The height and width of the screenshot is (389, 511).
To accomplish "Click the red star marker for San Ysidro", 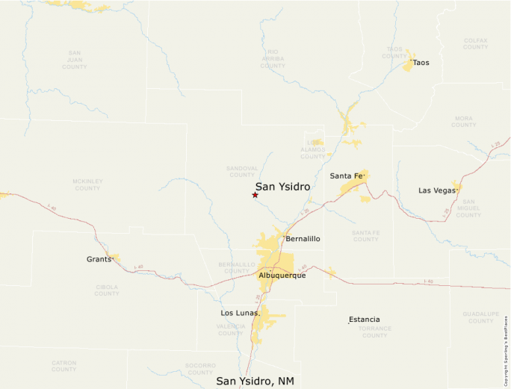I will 255,195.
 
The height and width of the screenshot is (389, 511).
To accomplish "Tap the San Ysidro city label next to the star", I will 282,187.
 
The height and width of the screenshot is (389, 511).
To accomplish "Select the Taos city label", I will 421,63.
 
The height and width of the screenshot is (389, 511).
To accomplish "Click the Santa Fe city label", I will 346,176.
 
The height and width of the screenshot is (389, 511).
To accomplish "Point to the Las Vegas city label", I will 436,190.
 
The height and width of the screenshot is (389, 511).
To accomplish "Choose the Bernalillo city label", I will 303,239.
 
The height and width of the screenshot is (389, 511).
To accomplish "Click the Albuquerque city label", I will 282,276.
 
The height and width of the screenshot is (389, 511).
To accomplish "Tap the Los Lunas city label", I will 240,313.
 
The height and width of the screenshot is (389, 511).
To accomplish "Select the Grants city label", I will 99,259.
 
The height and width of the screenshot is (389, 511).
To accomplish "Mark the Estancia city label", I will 365,320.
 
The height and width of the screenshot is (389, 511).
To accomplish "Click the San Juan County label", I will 75,60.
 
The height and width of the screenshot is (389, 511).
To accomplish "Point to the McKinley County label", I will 87,184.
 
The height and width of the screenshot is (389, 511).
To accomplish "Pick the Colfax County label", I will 475,43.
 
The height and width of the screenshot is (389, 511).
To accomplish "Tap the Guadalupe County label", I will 480,317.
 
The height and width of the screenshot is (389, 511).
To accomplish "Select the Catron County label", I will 64,366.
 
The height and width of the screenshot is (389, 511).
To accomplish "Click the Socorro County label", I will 200,369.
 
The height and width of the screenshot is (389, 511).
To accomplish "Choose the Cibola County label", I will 107,290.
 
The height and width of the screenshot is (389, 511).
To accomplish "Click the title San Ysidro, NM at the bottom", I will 255,381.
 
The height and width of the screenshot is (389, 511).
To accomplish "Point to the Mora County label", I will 463,121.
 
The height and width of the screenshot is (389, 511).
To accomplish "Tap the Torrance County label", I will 374,332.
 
